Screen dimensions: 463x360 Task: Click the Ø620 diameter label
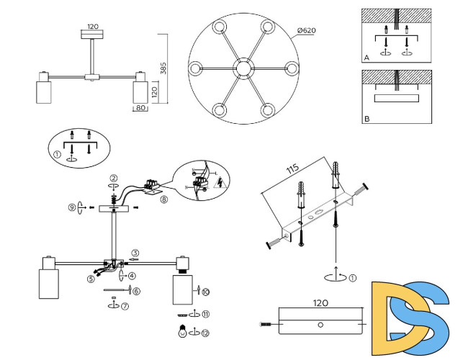point(307,30)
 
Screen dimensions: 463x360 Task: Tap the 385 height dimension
point(163,68)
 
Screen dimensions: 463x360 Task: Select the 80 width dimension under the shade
point(140,108)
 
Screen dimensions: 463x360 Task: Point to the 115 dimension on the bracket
point(292,168)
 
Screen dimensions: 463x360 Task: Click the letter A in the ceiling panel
point(367,58)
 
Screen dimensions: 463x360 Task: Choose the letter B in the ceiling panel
point(367,119)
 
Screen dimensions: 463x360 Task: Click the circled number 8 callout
point(164,199)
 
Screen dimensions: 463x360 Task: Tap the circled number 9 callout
point(72,207)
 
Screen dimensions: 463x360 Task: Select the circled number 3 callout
point(135,253)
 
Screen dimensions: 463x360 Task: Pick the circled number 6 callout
point(136,291)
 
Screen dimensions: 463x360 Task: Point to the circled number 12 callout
point(205,333)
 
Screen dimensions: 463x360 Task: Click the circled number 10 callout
point(206,292)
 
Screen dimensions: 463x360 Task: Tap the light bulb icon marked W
point(183,331)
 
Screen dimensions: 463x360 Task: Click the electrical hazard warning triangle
point(220,183)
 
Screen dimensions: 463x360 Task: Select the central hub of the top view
point(243,68)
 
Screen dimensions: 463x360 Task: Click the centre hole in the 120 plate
point(320,325)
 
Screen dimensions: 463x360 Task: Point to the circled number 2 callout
point(114,178)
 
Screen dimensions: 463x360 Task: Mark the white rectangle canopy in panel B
point(396,99)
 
